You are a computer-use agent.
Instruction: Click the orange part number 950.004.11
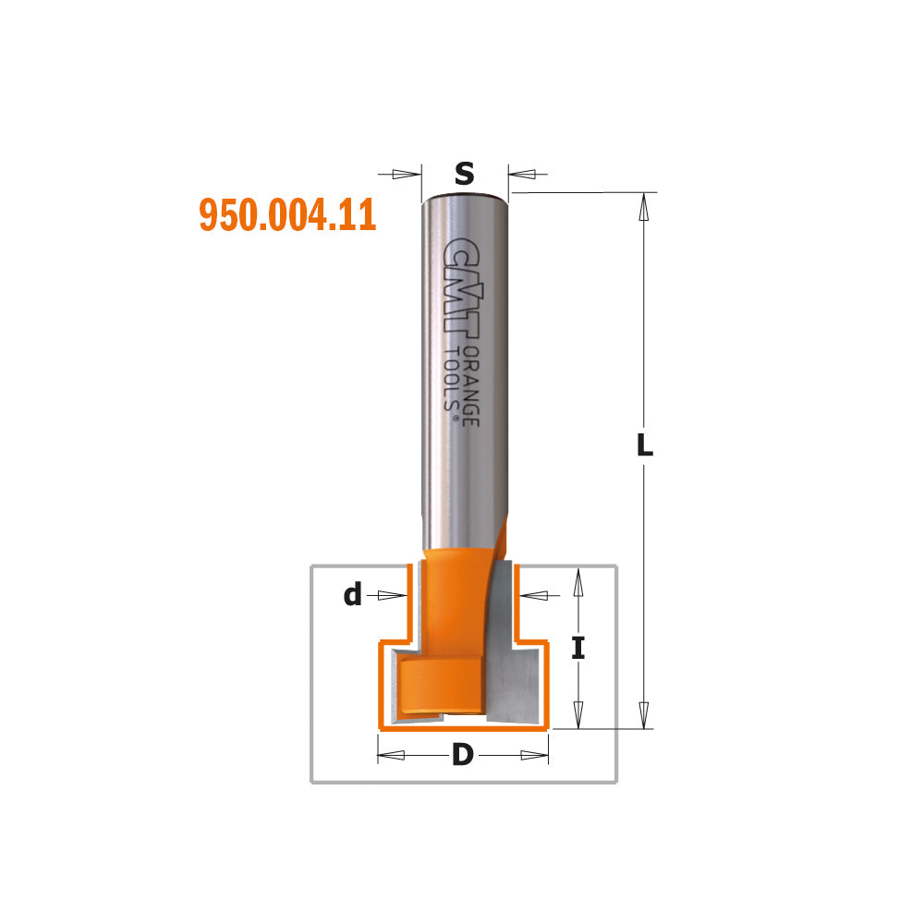(287, 214)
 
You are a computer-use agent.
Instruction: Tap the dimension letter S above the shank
(465, 173)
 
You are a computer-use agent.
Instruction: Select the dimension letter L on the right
(645, 446)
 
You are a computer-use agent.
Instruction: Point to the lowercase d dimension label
(352, 596)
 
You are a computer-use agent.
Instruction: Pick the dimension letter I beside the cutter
(577, 649)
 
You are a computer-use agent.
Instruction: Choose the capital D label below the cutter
(462, 756)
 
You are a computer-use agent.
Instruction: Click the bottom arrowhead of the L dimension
(645, 713)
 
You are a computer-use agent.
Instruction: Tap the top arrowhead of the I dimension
(578, 582)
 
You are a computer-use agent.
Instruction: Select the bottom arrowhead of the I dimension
(578, 714)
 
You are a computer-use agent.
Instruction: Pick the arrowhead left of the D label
(392, 756)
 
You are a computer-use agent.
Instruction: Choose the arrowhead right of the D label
(534, 756)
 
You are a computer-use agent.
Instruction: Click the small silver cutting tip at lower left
(397, 688)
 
